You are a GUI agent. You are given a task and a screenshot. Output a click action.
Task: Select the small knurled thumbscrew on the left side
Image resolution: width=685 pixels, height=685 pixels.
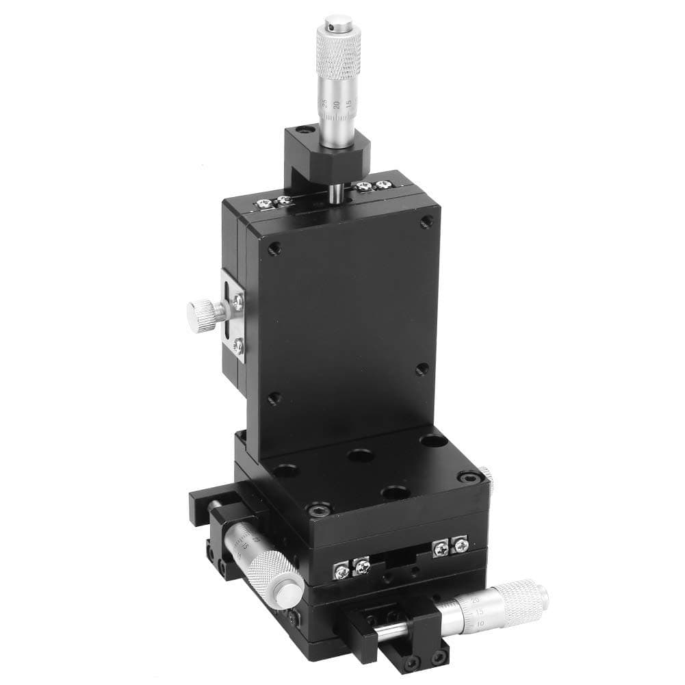coord(201,313)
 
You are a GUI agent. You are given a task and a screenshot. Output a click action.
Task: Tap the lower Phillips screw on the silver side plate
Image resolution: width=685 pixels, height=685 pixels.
coord(237,346)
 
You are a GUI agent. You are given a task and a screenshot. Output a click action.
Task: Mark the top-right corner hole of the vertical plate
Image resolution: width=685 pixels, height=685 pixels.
coord(426,221)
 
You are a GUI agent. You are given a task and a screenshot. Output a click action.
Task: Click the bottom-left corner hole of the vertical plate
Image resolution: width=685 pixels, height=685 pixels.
coord(273,398)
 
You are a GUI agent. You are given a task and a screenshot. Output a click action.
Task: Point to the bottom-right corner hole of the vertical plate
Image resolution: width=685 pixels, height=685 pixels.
coord(422,370)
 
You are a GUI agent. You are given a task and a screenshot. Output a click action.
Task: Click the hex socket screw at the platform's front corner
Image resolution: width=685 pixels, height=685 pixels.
coord(317,510)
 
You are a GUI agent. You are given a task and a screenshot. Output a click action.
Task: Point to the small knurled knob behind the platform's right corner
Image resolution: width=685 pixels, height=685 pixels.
coord(485,472)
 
